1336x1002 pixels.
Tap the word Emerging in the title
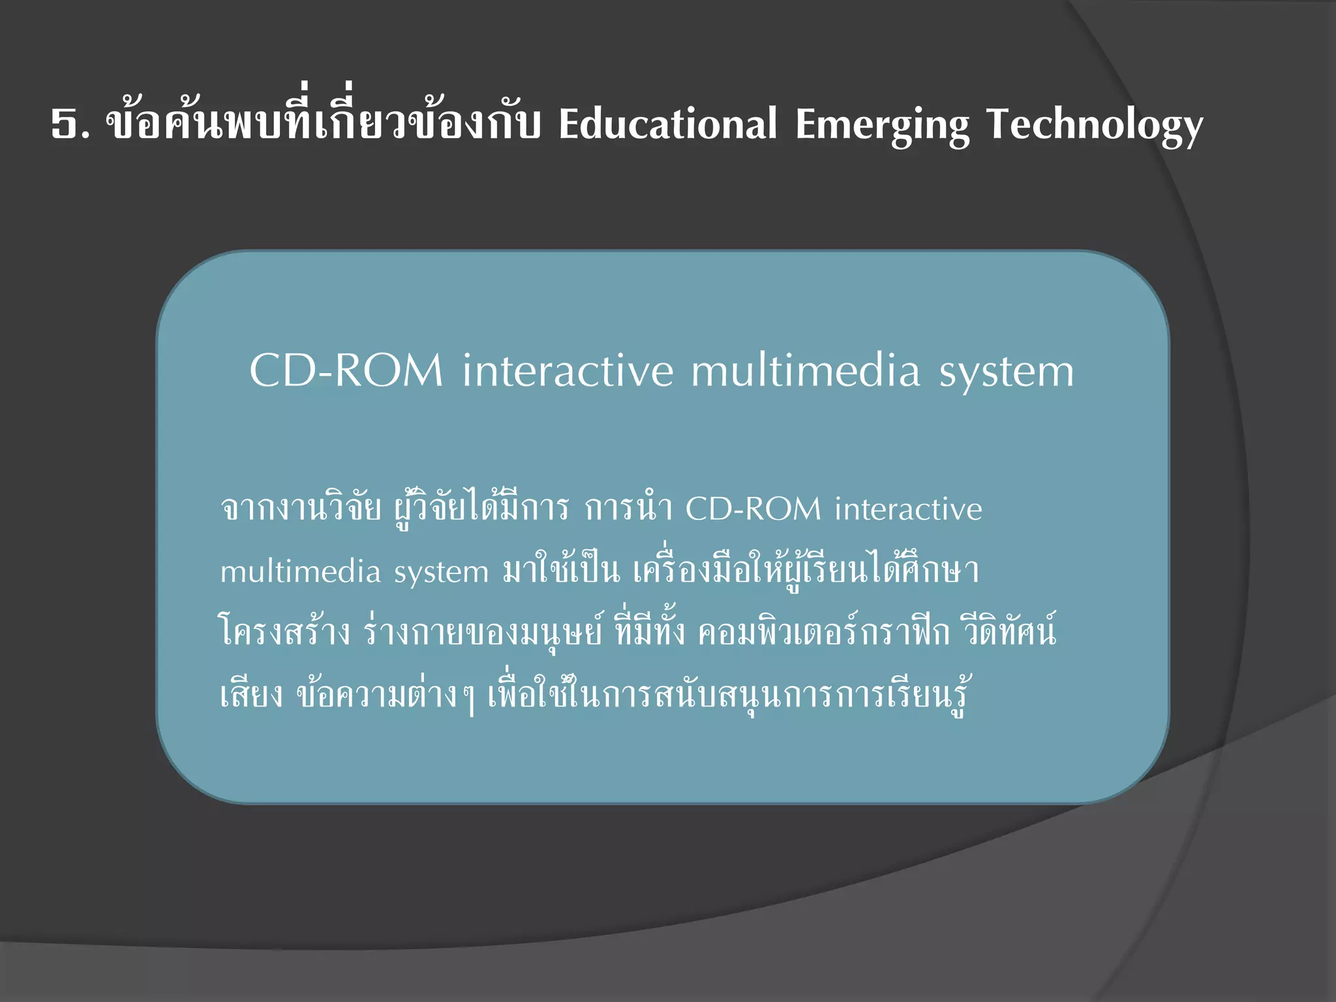pyautogui.click(x=882, y=125)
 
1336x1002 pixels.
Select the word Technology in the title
pyautogui.click(x=1094, y=125)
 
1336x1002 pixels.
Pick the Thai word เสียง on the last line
pyautogui.click(x=251, y=694)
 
